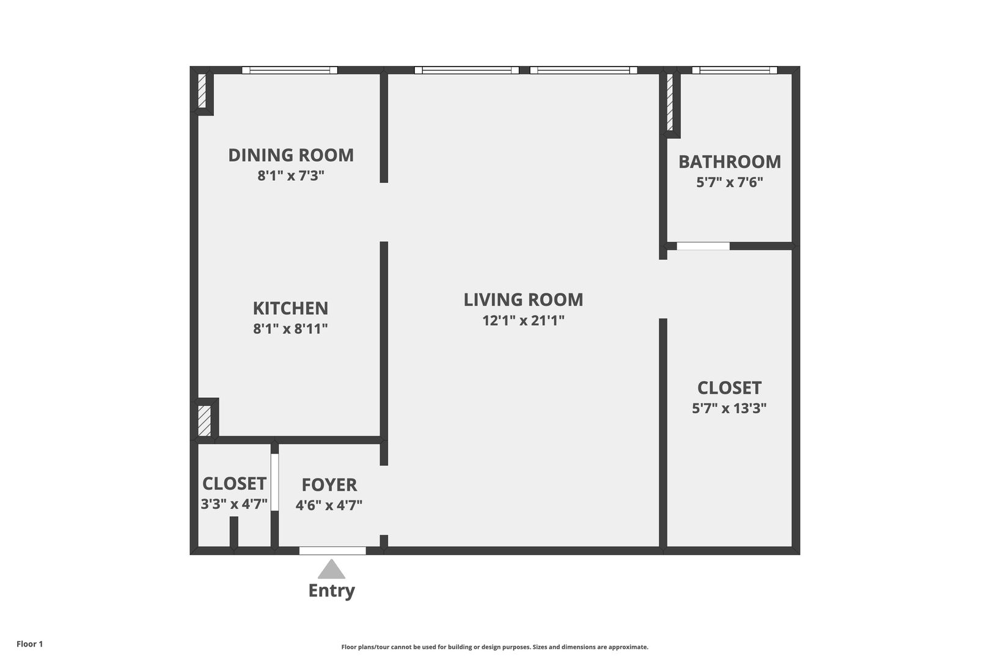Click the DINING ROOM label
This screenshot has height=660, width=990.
291,155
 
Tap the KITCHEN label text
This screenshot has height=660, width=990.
290,308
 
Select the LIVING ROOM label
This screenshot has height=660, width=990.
523,299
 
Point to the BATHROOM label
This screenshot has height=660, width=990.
730,162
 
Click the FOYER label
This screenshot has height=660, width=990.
329,485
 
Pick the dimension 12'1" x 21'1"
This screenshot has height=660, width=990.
523,320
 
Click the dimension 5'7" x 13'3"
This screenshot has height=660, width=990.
729,408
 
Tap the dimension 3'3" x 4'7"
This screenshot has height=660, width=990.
234,504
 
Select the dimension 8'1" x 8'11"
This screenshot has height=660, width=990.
290,329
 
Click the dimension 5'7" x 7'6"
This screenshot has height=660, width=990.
730,182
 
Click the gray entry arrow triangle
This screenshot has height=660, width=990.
331,569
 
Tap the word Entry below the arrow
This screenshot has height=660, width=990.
331,590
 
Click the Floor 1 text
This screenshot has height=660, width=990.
29,643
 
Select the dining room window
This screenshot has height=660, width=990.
290,70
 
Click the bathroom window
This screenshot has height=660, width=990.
735,70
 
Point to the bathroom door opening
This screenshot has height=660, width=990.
703,246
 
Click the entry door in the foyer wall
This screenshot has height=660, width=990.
332,551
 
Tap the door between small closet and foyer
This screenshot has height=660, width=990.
274,482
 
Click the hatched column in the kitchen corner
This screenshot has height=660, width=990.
204,420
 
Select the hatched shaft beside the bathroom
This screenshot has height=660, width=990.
670,102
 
